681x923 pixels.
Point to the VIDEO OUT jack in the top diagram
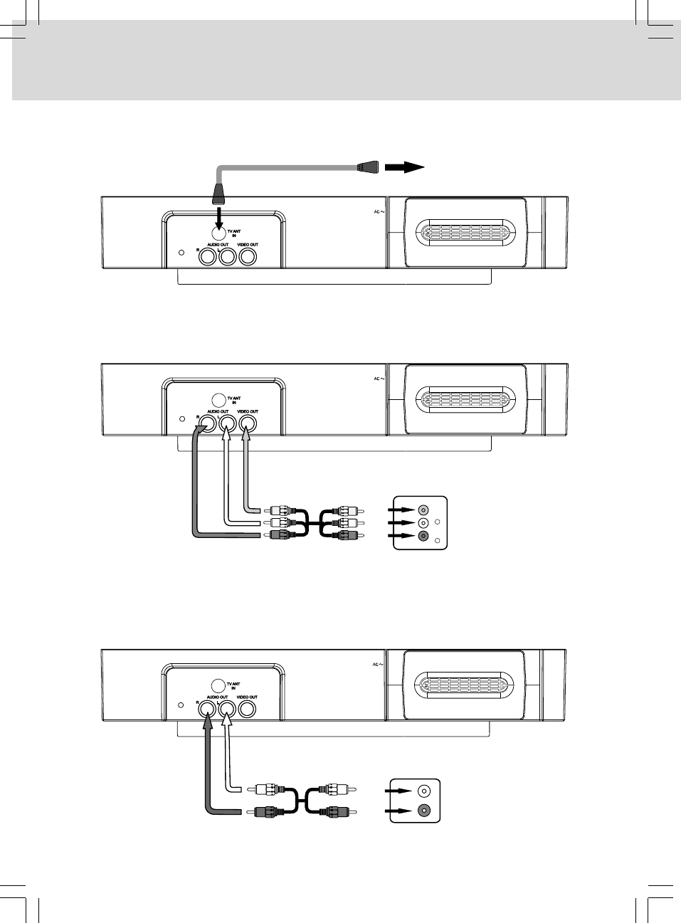pos(248,257)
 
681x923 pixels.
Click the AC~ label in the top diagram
pos(377,212)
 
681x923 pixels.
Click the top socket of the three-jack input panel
pos(424,510)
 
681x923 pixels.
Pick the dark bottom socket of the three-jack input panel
pos(424,536)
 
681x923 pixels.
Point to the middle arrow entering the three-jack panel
pos(401,523)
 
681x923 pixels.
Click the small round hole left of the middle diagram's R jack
pos(181,419)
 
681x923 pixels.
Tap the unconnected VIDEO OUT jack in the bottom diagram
pos(248,709)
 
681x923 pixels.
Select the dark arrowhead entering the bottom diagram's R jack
pos(207,722)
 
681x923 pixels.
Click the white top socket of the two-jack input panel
pos(424,790)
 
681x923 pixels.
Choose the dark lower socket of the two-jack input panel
pos(424,810)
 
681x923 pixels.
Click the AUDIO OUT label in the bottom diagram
pos(218,697)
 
